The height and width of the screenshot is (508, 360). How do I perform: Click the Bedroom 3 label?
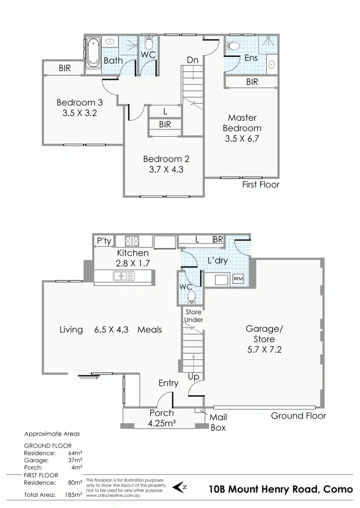(x=80, y=102)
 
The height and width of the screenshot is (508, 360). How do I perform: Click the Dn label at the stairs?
(x=193, y=60)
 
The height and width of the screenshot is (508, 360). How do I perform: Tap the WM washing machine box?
(x=238, y=279)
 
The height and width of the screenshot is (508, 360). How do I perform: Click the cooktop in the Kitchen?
(x=132, y=241)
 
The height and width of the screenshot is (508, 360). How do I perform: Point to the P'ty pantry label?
(x=104, y=241)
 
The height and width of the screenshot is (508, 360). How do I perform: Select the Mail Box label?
(x=218, y=422)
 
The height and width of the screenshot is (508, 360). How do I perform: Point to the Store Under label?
(x=194, y=316)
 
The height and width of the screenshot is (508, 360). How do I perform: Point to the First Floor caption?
(x=261, y=184)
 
